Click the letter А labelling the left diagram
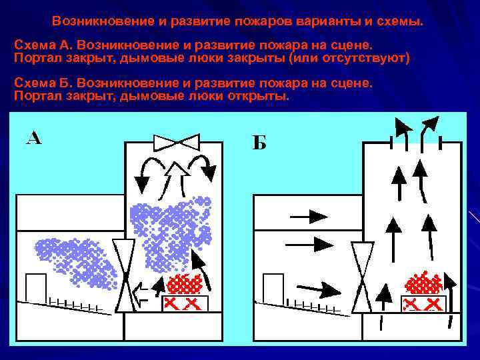click(34, 137)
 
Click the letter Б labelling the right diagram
click(259, 143)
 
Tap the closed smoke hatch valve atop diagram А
click(176, 142)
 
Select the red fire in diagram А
click(185, 284)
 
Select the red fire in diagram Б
click(423, 284)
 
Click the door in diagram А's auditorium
click(35, 287)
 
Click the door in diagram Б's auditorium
click(273, 287)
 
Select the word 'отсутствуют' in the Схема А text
click(369, 59)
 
